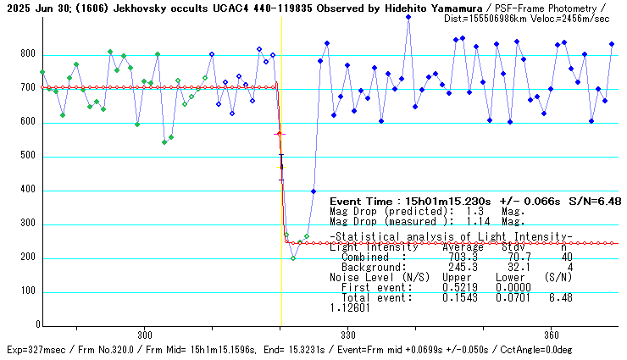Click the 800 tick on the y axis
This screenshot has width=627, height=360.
[28, 54]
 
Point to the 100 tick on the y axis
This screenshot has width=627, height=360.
[28, 291]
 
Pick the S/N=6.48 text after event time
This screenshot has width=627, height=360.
[596, 201]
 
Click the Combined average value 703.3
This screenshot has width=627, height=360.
[462, 257]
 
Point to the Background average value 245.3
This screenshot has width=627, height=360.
[462, 267]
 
